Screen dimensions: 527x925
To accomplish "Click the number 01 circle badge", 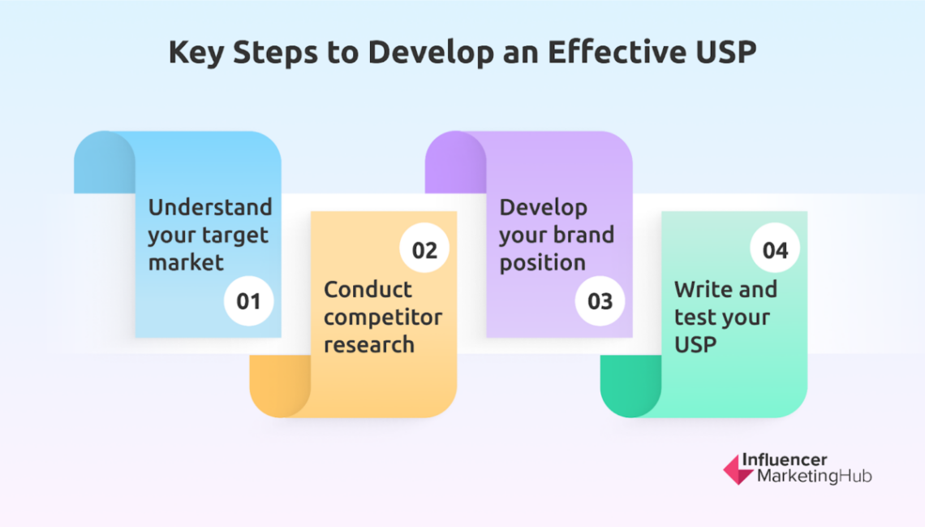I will (x=248, y=301).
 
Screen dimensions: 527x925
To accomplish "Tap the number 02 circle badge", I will (x=424, y=249).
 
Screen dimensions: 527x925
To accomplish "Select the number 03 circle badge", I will (x=600, y=301).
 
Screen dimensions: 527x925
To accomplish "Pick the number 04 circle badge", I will (x=775, y=249).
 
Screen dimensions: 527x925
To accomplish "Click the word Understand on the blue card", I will (x=209, y=207).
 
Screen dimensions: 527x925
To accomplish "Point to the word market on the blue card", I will (x=185, y=262).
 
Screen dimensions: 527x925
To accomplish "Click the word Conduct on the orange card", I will (x=368, y=289).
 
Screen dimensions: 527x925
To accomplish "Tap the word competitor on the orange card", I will (x=383, y=317).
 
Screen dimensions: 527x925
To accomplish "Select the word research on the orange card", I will (x=369, y=344).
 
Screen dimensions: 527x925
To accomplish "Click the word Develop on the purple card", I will (x=543, y=207).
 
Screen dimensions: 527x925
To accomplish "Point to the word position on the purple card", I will (x=542, y=263).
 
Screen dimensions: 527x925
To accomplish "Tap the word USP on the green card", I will (x=695, y=344).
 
